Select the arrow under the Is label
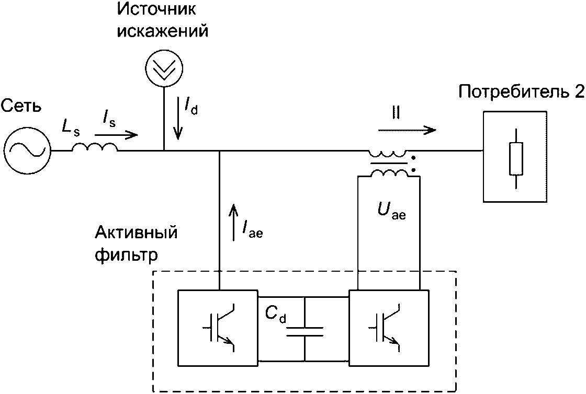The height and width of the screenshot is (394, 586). pyautogui.click(x=116, y=135)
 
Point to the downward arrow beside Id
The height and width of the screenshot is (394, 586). pyautogui.click(x=178, y=119)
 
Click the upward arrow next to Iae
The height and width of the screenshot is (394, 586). pyautogui.click(x=233, y=223)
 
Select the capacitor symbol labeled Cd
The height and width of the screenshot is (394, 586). pyautogui.click(x=305, y=329)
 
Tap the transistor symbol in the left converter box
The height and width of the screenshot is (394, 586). pyautogui.click(x=219, y=328)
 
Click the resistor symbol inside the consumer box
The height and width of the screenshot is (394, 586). pyautogui.click(x=516, y=158)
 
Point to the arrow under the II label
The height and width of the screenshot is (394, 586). pyautogui.click(x=407, y=130)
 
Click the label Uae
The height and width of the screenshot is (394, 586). pyautogui.click(x=391, y=212)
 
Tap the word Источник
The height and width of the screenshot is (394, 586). pyautogui.click(x=156, y=9)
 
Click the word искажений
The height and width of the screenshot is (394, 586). pyautogui.click(x=163, y=31)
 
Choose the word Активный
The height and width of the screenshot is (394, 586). pyautogui.click(x=136, y=233)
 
